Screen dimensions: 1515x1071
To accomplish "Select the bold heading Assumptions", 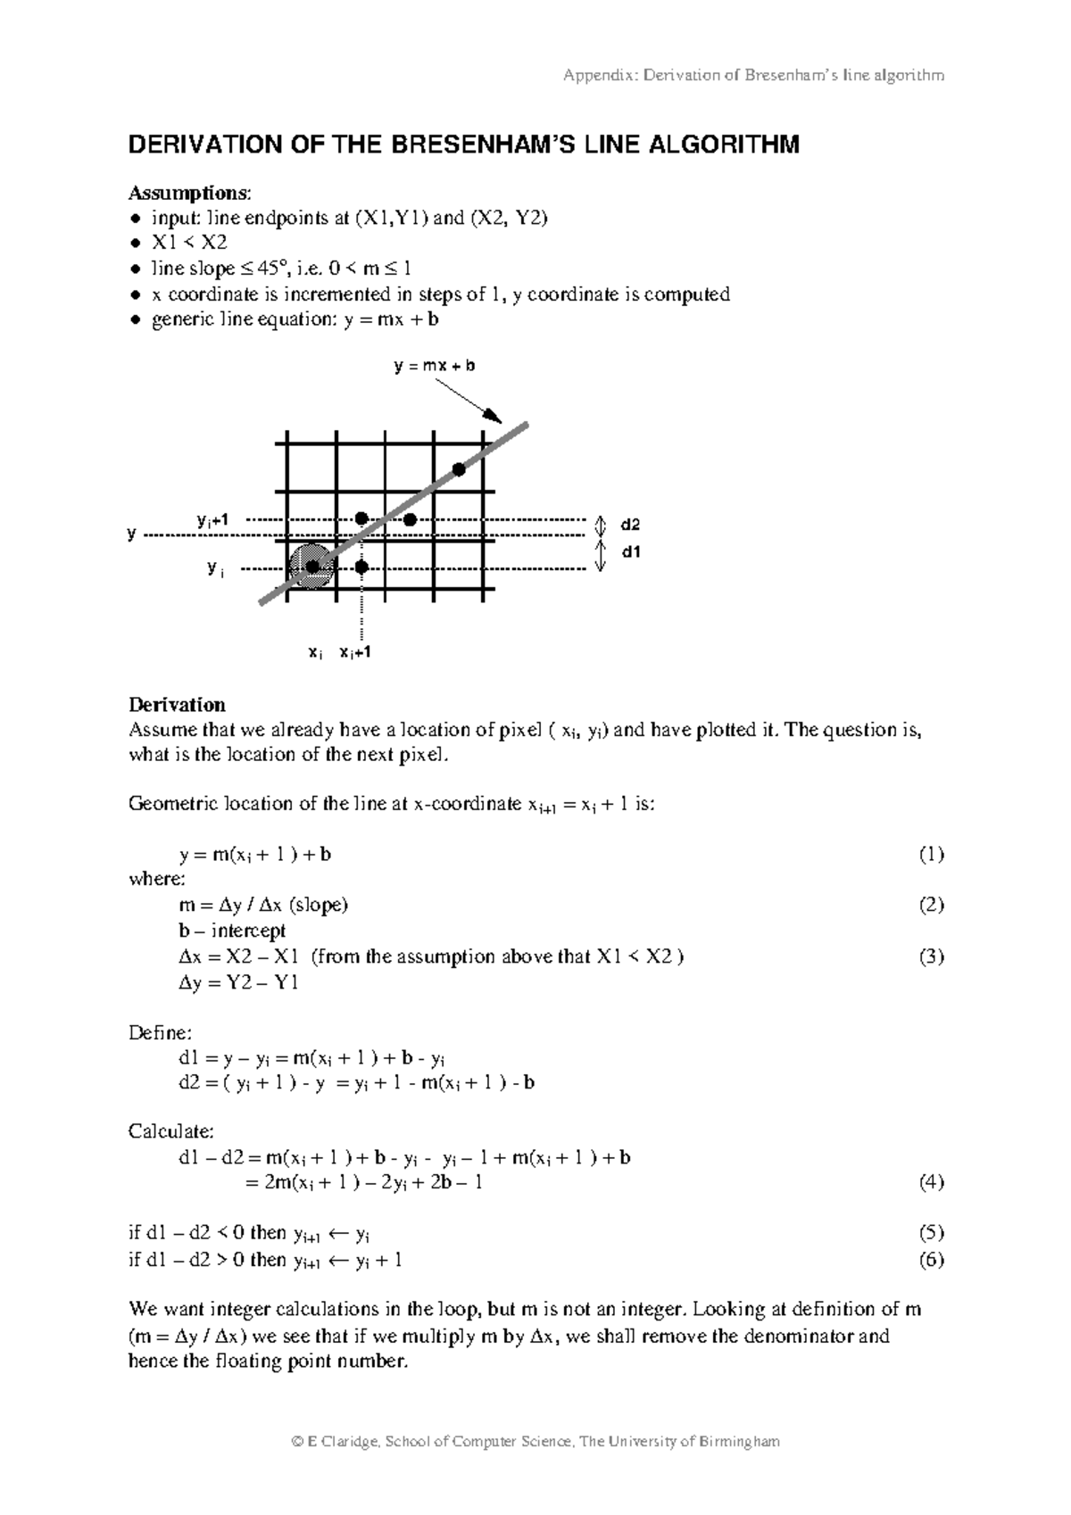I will pos(189,193).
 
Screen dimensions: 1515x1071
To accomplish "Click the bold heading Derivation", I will pos(177,705).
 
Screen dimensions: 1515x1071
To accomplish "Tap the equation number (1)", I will pos(931,855).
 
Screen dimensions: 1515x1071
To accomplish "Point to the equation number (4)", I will pos(931,1183).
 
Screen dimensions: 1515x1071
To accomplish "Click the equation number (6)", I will pos(931,1260).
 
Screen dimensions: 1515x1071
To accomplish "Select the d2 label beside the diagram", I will pos(630,526).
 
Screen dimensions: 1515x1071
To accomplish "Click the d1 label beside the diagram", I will pos(630,552).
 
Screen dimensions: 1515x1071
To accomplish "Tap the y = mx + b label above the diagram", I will pos(435,366).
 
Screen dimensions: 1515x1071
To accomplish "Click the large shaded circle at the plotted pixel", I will pos(312,567).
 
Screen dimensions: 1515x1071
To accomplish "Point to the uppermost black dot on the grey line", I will pos(459,469).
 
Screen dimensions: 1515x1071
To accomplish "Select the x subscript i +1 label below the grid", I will pos(354,653).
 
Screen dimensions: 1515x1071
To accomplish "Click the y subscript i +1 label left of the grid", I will pos(212,519).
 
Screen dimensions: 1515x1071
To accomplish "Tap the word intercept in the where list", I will pos(248,931).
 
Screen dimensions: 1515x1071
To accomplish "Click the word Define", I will pos(159,1033).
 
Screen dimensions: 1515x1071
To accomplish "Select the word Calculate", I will pos(170,1131).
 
